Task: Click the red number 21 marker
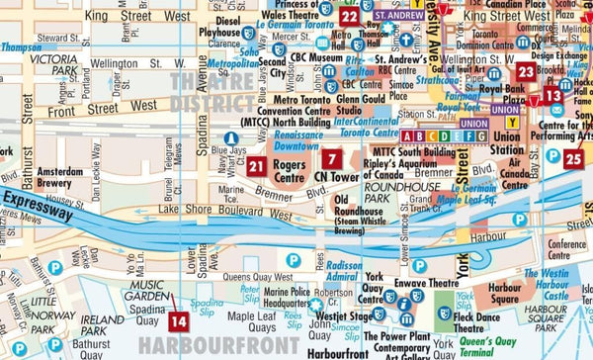tap(258, 167)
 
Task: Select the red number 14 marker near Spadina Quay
tap(179, 320)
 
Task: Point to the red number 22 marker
tap(349, 16)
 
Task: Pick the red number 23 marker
tap(526, 71)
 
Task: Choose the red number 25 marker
tap(574, 158)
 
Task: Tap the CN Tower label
tap(333, 179)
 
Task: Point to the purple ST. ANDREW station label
tap(399, 17)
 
